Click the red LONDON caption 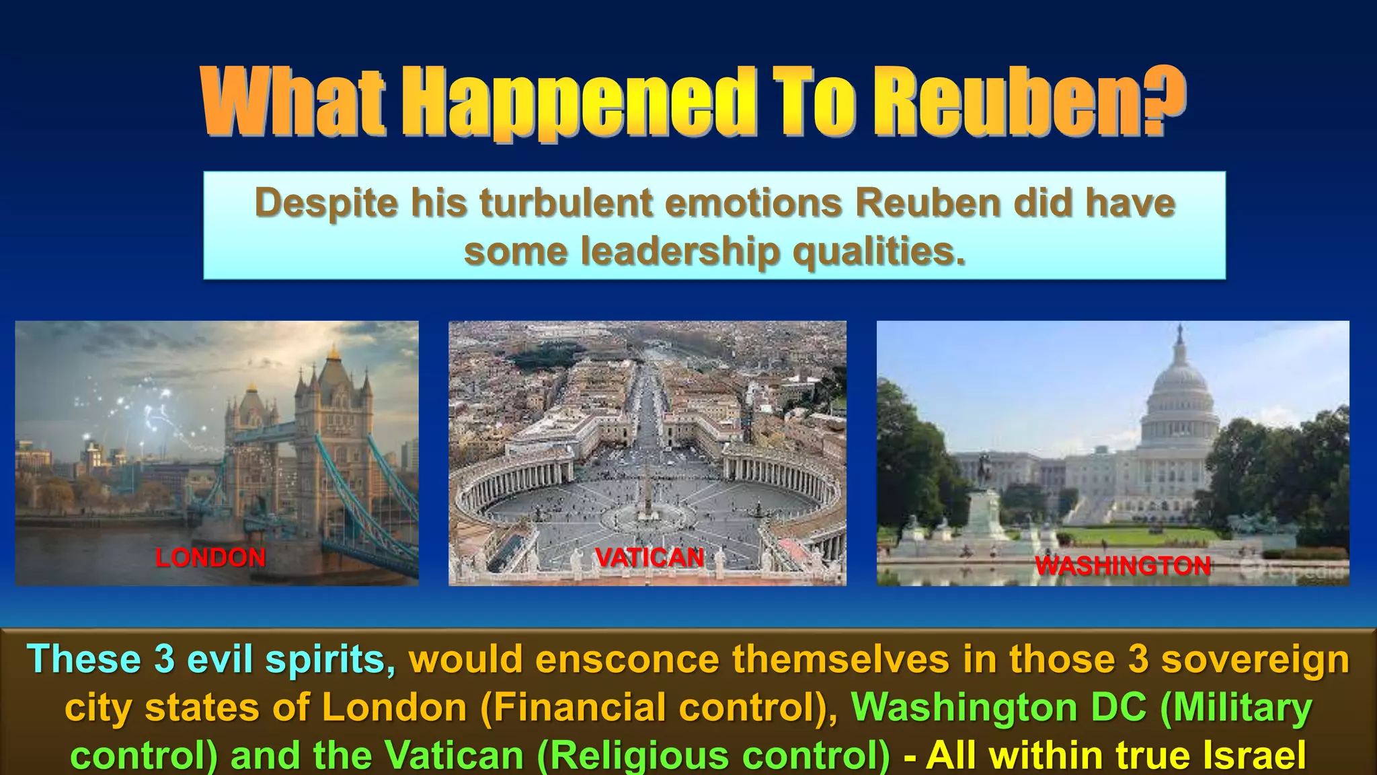(210, 558)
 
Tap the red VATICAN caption (650, 558)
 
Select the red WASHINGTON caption (1122, 566)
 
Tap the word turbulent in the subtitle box (566, 202)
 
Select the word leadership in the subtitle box (680, 251)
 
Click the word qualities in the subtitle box (879, 251)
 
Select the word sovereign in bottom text (1255, 659)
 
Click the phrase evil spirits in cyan (290, 659)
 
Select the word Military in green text (1236, 708)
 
